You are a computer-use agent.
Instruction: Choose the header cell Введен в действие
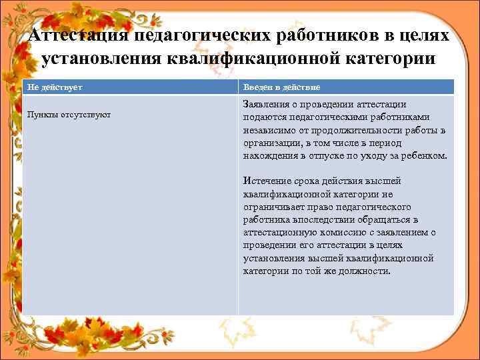coord(281,87)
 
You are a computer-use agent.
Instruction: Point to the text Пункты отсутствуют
coord(69,115)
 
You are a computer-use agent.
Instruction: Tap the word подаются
coord(264,117)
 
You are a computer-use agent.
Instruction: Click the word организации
coord(271,143)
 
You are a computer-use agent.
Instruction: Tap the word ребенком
coord(424,155)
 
